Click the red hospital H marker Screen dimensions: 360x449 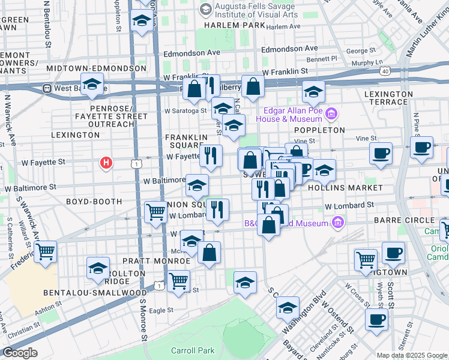106,162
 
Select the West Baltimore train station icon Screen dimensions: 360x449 46,88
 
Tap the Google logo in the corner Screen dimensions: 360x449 19,353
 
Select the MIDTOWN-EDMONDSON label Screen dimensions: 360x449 92,68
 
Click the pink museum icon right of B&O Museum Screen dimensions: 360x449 337,223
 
